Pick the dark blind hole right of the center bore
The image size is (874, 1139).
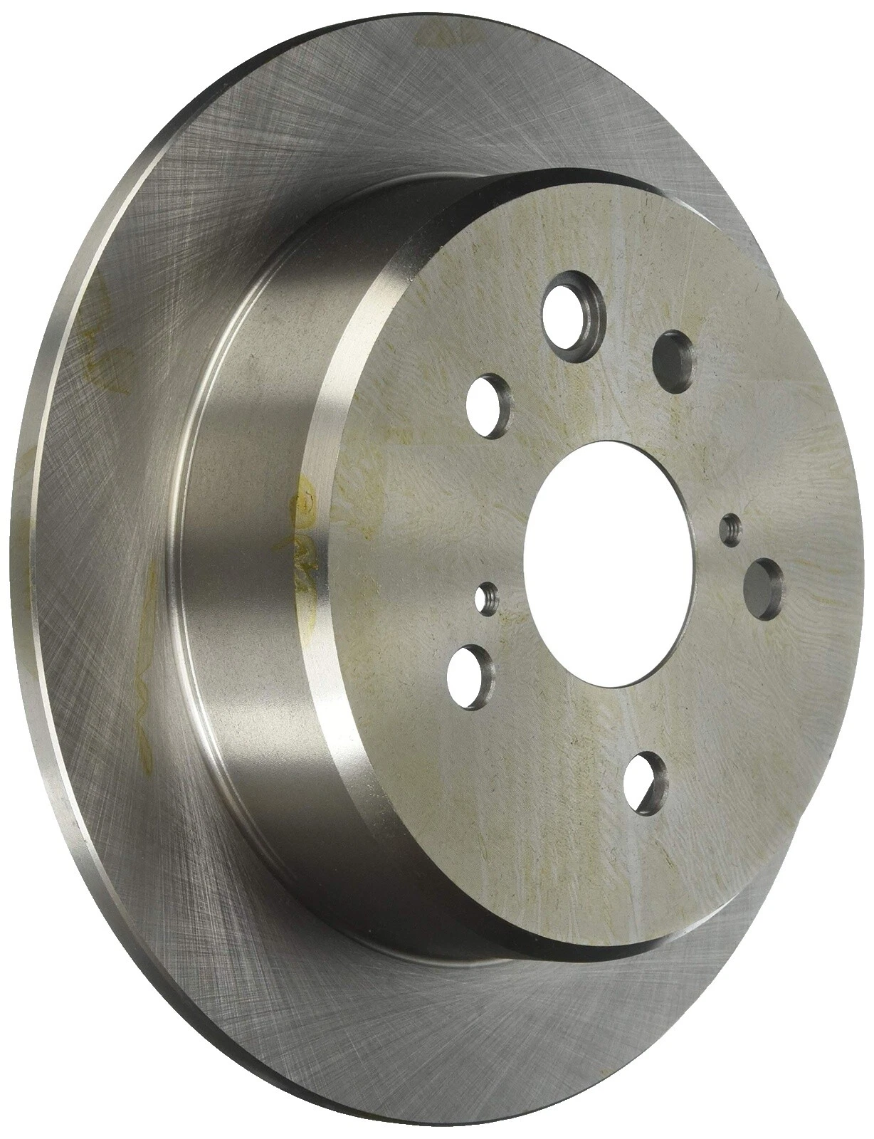coord(762,580)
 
